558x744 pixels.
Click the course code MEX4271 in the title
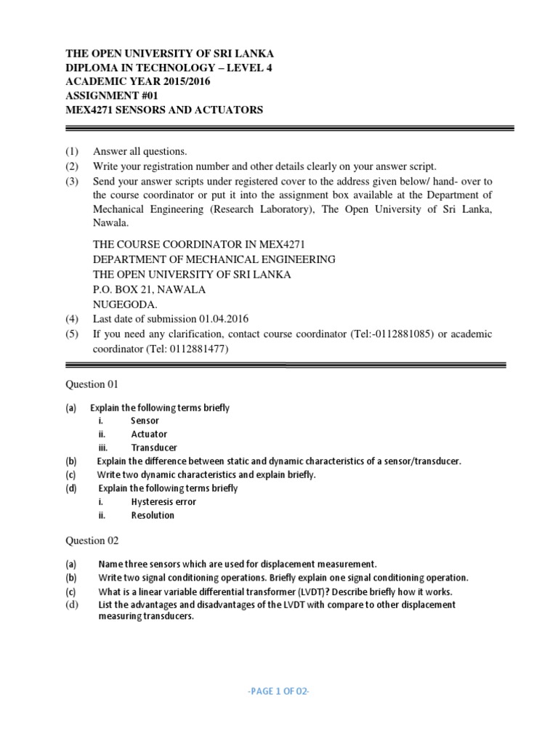tap(91, 110)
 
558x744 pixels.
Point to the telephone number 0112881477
tap(195, 349)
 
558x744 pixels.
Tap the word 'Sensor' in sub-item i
tap(145, 421)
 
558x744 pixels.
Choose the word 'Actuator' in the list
tap(149, 434)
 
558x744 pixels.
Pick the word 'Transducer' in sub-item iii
tap(154, 448)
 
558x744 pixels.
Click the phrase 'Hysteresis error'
tap(163, 502)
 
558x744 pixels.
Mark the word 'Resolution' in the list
tap(153, 515)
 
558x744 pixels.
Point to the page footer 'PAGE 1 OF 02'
tap(279, 692)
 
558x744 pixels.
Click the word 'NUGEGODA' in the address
tap(121, 304)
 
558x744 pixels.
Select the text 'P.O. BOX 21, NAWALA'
tap(149, 289)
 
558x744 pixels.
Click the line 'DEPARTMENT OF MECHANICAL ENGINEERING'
tap(214, 259)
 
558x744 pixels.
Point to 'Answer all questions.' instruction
tap(140, 151)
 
